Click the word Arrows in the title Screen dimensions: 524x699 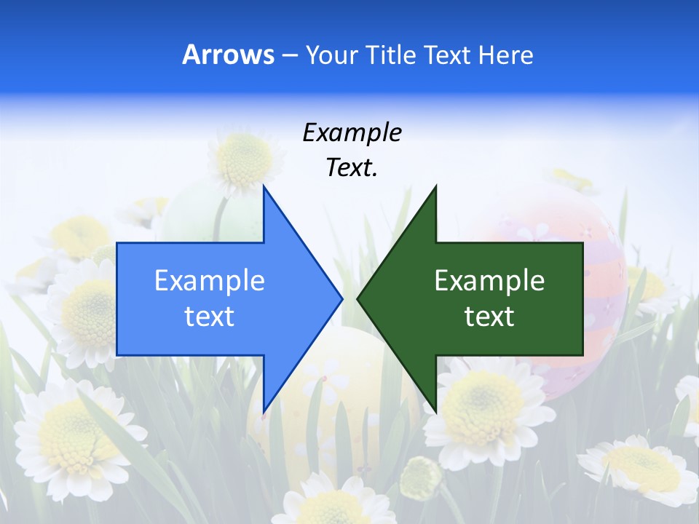coord(229,55)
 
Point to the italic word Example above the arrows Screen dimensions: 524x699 coord(352,132)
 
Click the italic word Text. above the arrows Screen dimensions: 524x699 coord(352,168)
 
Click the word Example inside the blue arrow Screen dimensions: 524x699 coord(209,280)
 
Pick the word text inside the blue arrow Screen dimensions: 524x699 coord(209,317)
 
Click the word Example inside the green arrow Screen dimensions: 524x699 coord(489,280)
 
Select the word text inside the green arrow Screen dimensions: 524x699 coord(489,317)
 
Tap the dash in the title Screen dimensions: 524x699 coord(288,55)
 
